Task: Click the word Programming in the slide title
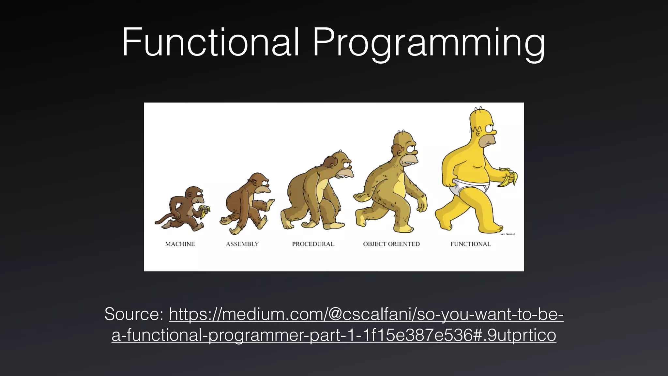429,44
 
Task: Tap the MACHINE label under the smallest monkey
180,244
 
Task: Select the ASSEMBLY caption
242,244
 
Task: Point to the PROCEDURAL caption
313,244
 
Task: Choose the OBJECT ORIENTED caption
391,244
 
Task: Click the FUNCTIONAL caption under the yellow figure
471,244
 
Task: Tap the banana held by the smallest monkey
205,211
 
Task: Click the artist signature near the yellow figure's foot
507,234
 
